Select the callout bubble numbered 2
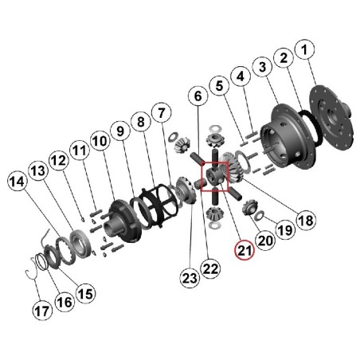283,58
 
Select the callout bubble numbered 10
99,142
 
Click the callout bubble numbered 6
198,96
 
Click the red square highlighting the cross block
215,177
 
